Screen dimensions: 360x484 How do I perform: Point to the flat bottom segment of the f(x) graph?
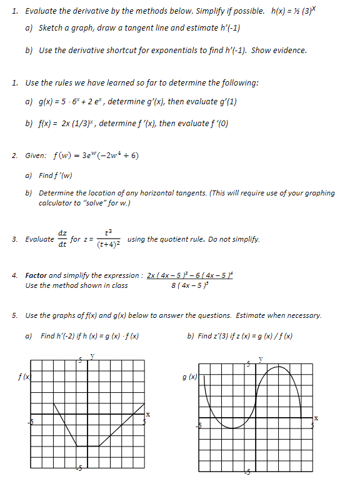pos(87,446)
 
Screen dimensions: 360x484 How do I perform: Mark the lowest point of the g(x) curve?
pos(232,428)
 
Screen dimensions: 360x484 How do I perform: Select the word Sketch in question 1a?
pos(51,28)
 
